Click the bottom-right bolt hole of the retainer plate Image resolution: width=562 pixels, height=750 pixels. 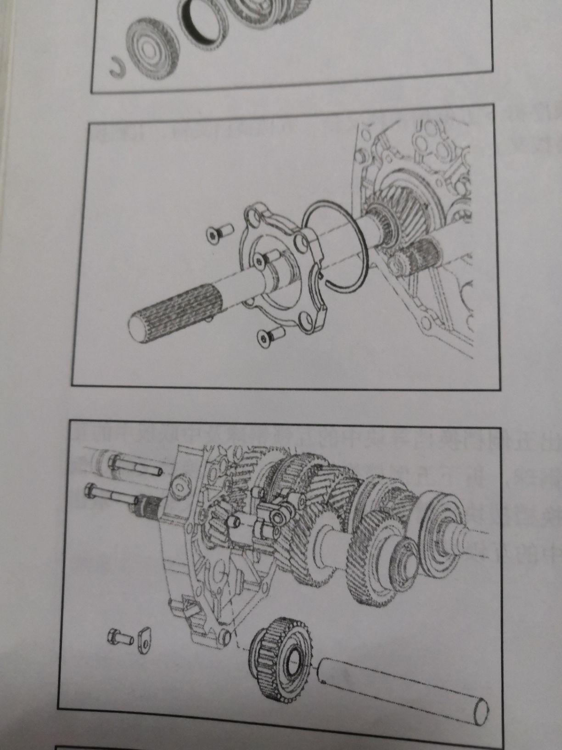[305, 320]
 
